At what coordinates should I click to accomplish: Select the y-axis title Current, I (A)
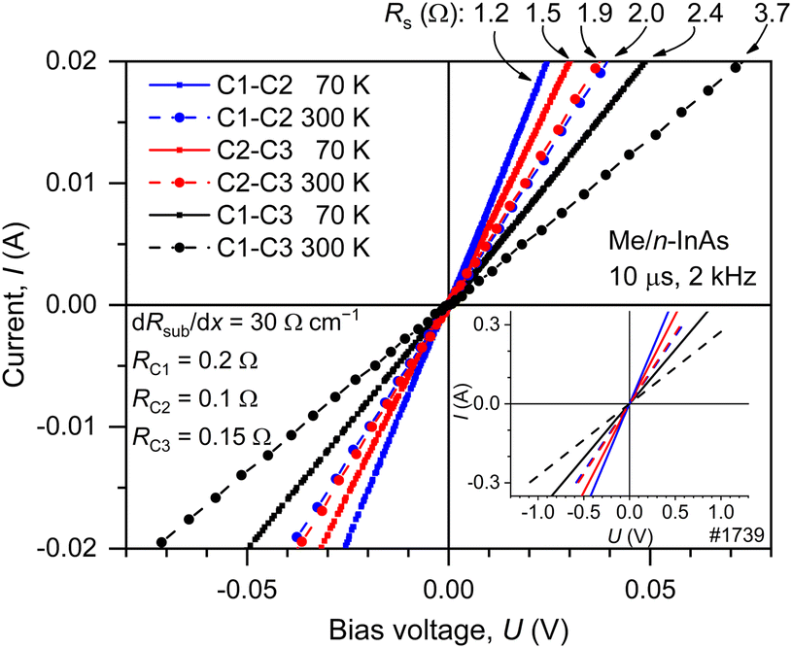click(23, 304)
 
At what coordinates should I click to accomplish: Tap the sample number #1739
click(741, 533)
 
